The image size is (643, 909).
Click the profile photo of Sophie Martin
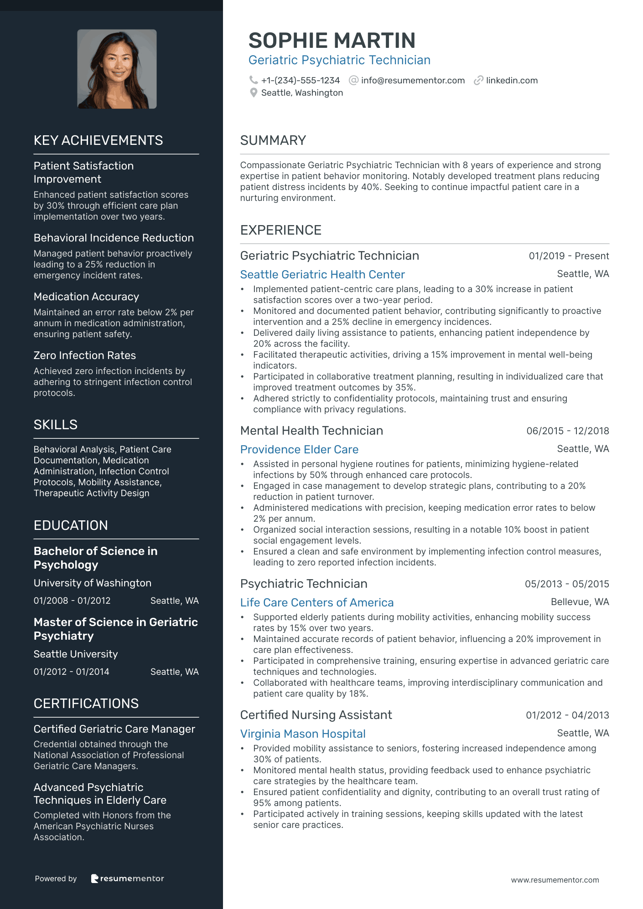click(x=117, y=69)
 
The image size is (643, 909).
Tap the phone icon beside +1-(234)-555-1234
click(x=254, y=80)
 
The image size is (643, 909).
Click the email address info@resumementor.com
click(x=413, y=81)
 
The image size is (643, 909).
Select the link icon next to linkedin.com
click(x=478, y=81)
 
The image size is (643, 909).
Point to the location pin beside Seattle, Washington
click(x=254, y=93)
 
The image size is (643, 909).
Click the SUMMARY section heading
click(x=273, y=140)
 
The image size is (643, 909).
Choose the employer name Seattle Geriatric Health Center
click(x=322, y=274)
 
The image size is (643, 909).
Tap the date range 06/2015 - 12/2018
click(x=567, y=431)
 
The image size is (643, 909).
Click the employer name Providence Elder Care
click(x=299, y=449)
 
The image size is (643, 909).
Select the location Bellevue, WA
click(x=580, y=602)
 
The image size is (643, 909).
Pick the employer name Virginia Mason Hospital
click(x=303, y=734)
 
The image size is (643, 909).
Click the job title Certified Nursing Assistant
click(x=316, y=715)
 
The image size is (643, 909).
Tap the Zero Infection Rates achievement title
click(x=85, y=355)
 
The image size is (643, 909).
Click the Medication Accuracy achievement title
click(x=86, y=297)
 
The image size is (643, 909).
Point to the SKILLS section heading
click(x=56, y=425)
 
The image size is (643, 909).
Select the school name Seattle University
click(x=76, y=654)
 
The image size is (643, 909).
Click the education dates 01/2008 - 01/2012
click(x=72, y=601)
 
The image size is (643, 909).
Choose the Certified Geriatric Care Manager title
click(x=114, y=729)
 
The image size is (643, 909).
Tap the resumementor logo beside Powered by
click(x=127, y=878)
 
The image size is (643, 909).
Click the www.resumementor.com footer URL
click(x=555, y=880)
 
